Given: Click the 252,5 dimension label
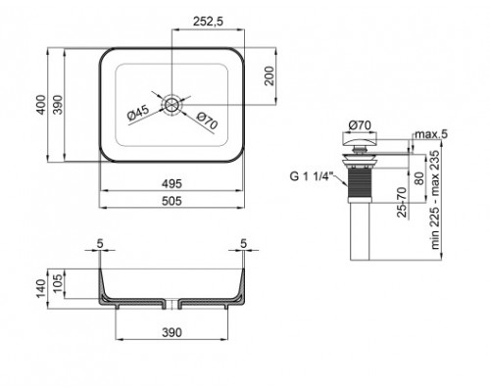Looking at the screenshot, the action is pos(208,22).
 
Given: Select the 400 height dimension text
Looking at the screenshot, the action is pos(41,105).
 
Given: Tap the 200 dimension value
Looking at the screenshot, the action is pos(269,75).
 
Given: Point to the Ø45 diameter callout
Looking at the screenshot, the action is pos(138,113).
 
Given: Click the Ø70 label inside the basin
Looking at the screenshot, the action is pos(207,121).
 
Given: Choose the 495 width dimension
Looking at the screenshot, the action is pos(171,184).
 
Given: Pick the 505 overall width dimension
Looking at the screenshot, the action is pos(171,201).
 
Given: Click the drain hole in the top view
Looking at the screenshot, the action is pos(171,105).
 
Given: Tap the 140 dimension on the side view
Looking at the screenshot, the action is pos(41,288).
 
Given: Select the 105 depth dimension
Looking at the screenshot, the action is pos(58,283).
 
